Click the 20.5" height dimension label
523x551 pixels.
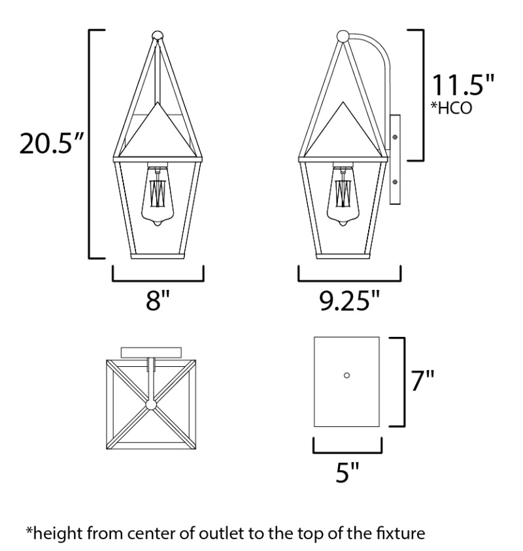point(51,143)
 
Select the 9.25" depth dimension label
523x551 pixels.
point(350,301)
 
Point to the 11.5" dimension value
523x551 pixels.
point(463,85)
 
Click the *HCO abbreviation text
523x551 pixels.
point(452,108)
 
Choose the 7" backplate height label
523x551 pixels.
point(422,380)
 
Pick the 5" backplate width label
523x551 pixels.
point(347,472)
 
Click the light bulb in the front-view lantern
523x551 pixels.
point(158,196)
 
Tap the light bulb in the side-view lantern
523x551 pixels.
point(343,196)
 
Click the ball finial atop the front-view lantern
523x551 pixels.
point(158,36)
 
